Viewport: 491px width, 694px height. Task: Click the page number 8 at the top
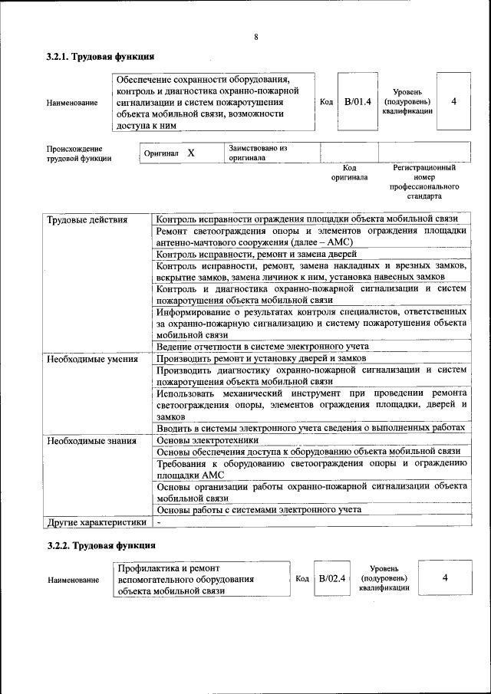[256, 38]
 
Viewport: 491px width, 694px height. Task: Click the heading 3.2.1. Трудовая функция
[101, 57]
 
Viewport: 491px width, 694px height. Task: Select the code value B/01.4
[358, 101]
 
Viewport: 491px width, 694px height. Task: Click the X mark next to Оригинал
[191, 153]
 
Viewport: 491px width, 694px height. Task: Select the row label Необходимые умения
[92, 358]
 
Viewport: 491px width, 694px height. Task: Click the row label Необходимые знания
[91, 441]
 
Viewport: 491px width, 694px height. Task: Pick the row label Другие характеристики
[96, 522]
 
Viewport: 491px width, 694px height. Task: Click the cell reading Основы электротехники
[207, 441]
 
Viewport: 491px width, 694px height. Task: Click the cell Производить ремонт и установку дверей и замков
[261, 358]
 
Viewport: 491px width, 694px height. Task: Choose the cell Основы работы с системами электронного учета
[259, 510]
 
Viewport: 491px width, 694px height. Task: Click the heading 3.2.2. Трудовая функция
[101, 545]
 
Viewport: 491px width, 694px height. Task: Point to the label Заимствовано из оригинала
[257, 153]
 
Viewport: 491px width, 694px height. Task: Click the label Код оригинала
[349, 173]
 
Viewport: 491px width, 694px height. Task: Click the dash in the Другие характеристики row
[158, 522]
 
